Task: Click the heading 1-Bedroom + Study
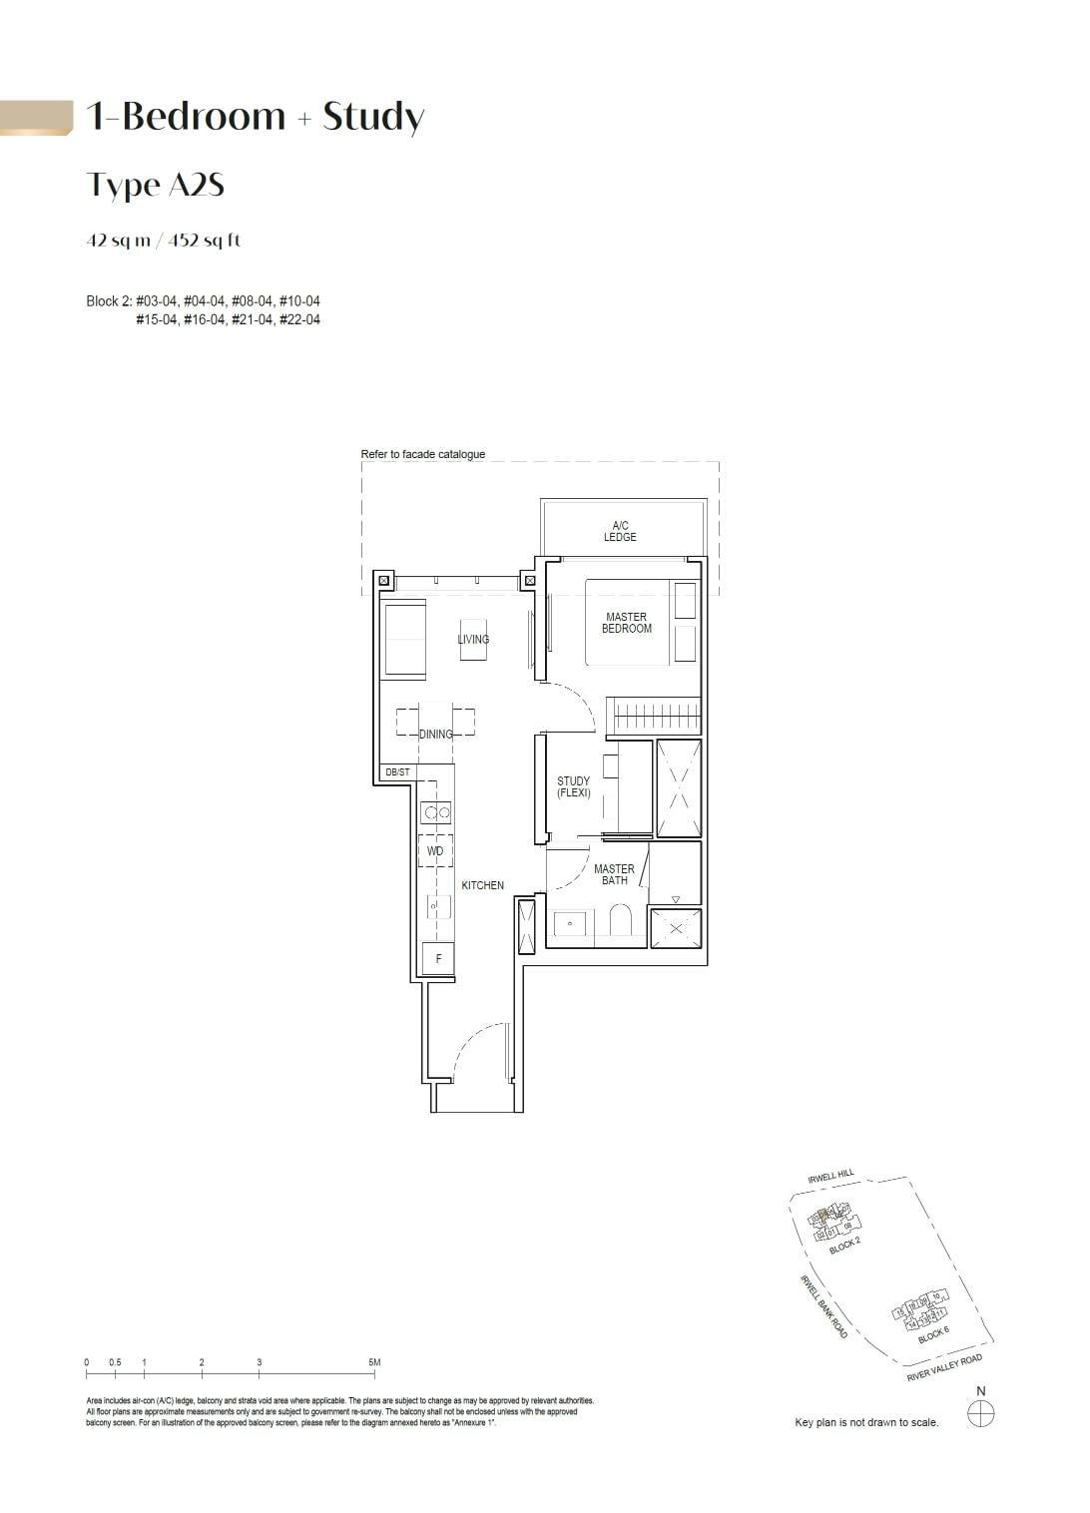pos(256,117)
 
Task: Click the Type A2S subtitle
pos(155,185)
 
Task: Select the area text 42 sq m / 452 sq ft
pos(164,241)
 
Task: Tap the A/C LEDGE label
pos(620,531)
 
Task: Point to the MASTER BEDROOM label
pos(626,623)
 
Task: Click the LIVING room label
pos(473,639)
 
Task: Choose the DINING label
pos(435,734)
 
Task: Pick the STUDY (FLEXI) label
pos(573,787)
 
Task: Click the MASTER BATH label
pos(614,874)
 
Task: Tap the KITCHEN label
pos(482,885)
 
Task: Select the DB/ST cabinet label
pos(397,772)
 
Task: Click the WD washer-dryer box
pos(435,851)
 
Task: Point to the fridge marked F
pos(438,958)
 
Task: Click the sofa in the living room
pos(404,640)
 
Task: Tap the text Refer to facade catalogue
pos(423,454)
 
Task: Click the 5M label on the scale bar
pos(374,1362)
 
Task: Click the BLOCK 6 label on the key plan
pos(933,1334)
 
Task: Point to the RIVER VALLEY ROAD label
pos(944,1368)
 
